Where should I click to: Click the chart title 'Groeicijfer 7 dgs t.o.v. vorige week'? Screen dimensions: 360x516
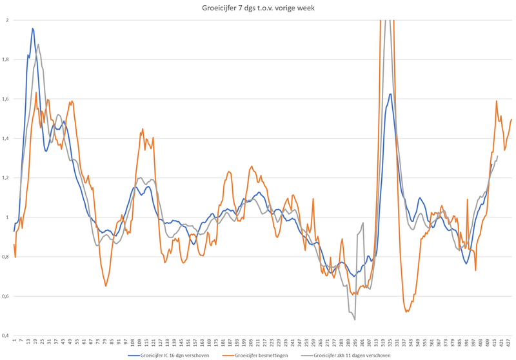point(258,7)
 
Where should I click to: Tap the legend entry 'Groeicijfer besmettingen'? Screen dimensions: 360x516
point(264,355)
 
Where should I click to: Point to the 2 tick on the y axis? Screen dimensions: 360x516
point(7,20)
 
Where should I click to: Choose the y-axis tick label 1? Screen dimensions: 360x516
point(7,217)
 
